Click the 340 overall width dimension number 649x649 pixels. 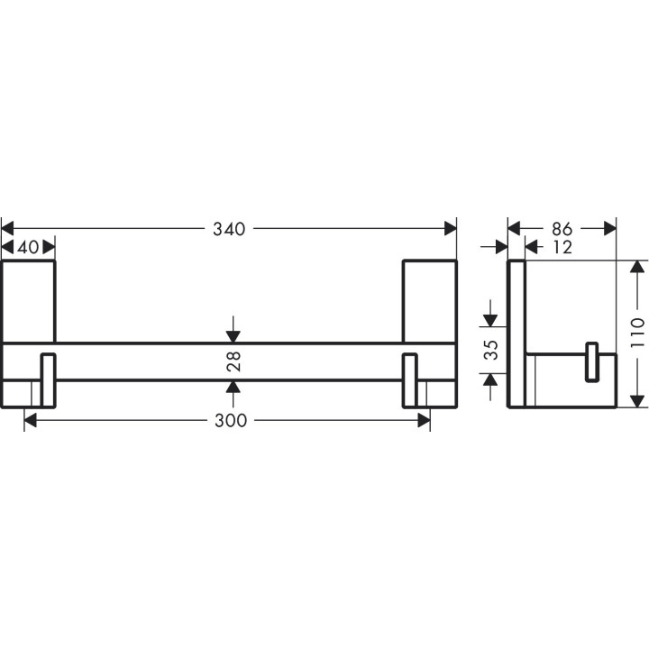pyautogui.click(x=229, y=229)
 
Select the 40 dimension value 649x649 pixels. pyautogui.click(x=28, y=248)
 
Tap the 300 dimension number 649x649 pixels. pyautogui.click(x=229, y=421)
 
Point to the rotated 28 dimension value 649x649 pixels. pyautogui.click(x=233, y=362)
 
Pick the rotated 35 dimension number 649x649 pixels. pyautogui.click(x=490, y=351)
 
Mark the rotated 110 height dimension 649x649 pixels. pyautogui.click(x=637, y=334)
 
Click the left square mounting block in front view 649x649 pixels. pyautogui.click(x=28, y=301)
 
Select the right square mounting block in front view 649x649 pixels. pyautogui.click(x=429, y=301)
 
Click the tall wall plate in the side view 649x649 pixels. pyautogui.click(x=516, y=334)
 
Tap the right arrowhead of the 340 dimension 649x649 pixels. pyautogui.click(x=450, y=229)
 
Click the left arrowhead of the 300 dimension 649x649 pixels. pyautogui.click(x=31, y=421)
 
